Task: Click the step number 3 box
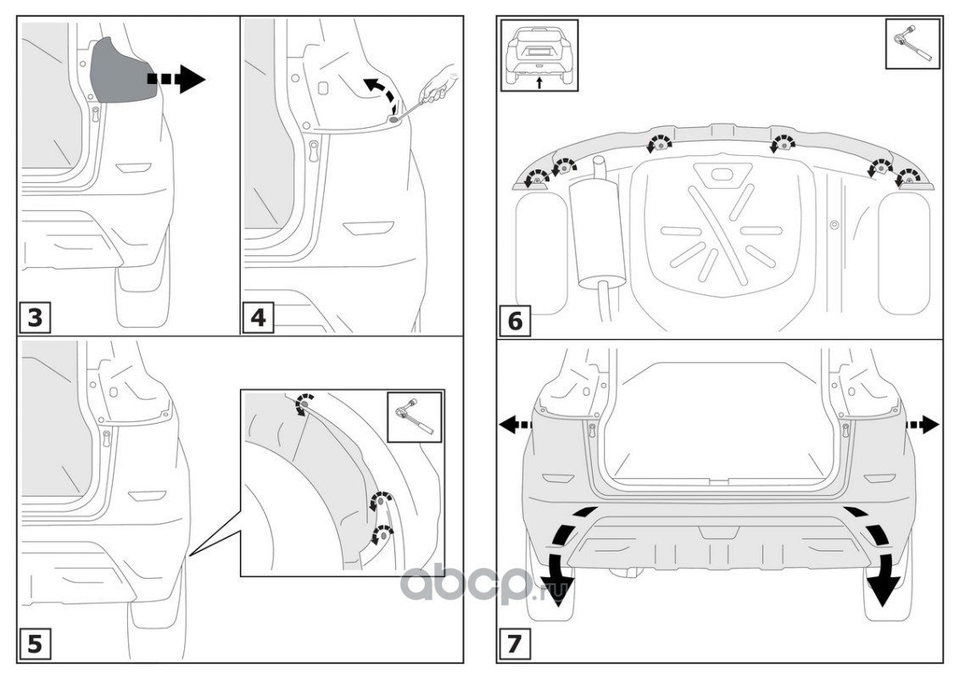point(35,318)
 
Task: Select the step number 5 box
point(35,644)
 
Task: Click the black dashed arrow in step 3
point(176,79)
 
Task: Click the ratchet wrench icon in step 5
point(414,416)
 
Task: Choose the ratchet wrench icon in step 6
point(913,42)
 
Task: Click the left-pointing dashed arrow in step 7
point(514,424)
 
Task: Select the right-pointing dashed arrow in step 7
point(922,424)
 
